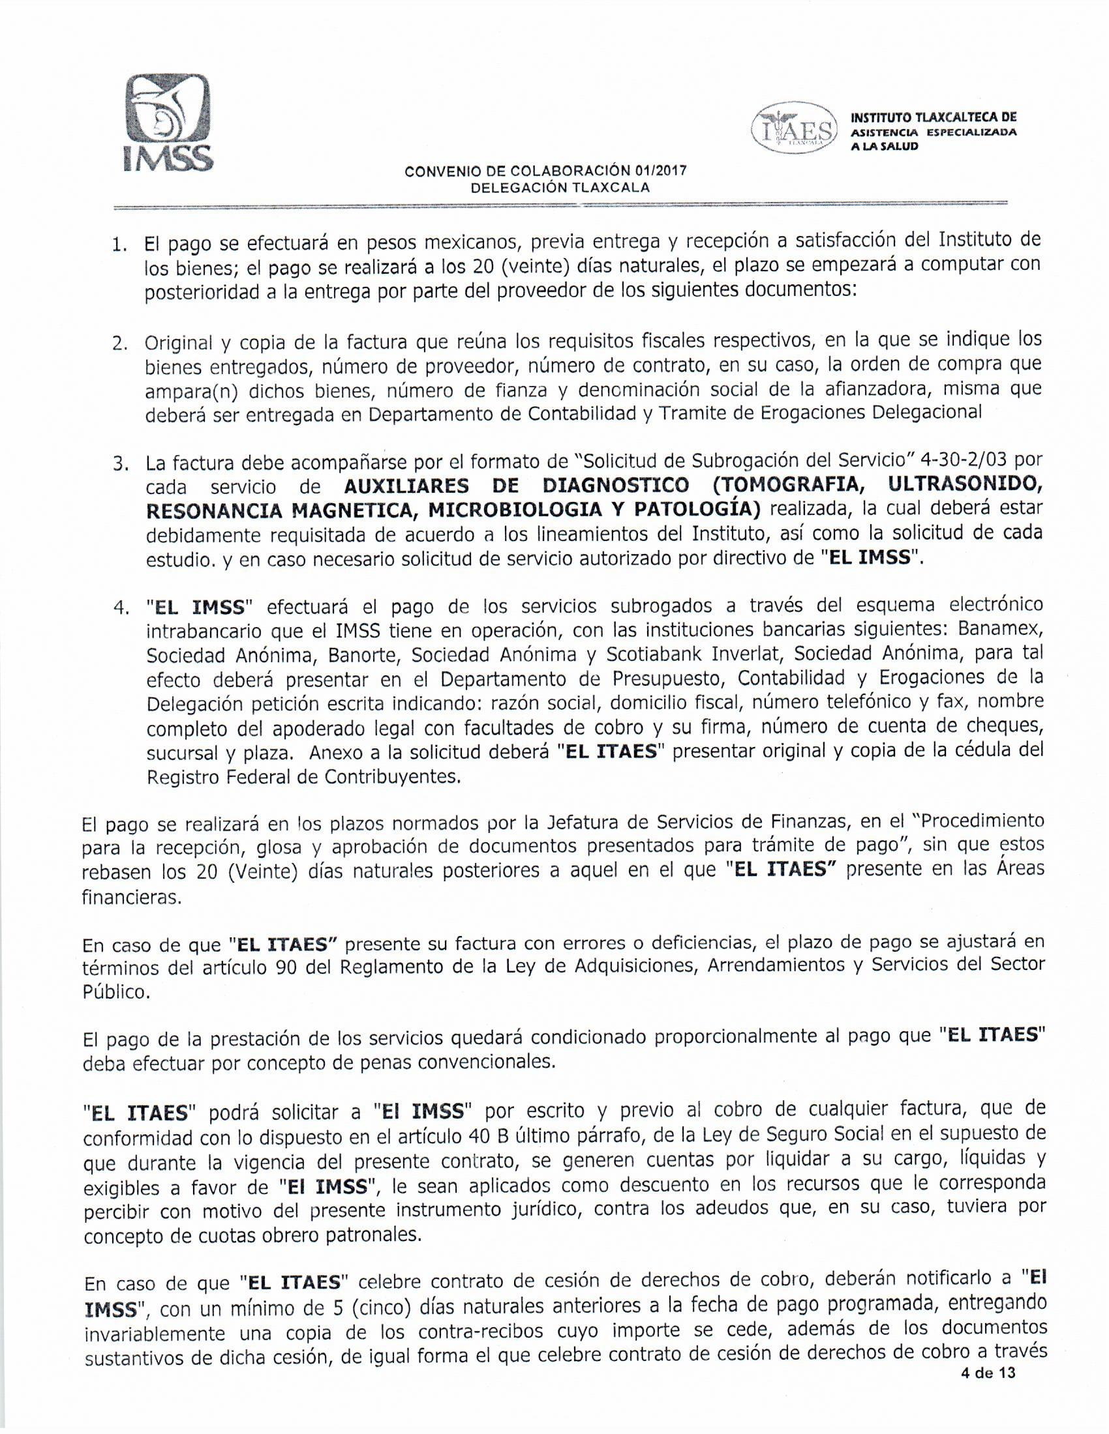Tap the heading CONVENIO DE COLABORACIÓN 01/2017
pos(545,172)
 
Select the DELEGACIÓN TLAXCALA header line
pos(560,188)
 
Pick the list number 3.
pos(119,465)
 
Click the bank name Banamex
pos(1000,629)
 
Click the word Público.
pos(115,992)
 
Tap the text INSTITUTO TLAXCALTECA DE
pos(934,118)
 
